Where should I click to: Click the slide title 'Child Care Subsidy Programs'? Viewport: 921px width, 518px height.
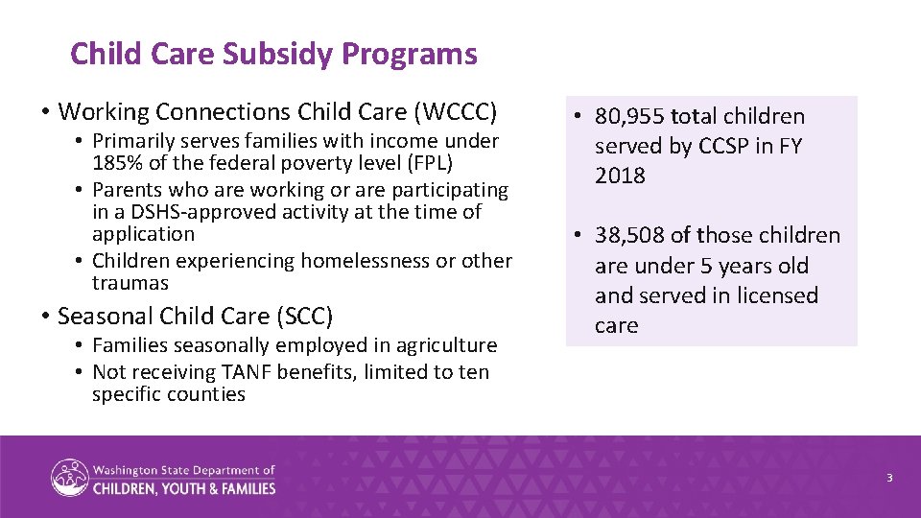tap(273, 54)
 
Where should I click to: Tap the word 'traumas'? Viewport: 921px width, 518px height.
tap(130, 283)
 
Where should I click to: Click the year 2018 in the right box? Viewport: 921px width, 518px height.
tap(620, 177)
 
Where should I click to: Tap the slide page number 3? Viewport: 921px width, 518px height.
tap(889, 478)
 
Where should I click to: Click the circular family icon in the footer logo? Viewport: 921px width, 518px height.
tap(69, 478)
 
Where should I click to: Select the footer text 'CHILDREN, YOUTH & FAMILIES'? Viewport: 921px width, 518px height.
tap(184, 488)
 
